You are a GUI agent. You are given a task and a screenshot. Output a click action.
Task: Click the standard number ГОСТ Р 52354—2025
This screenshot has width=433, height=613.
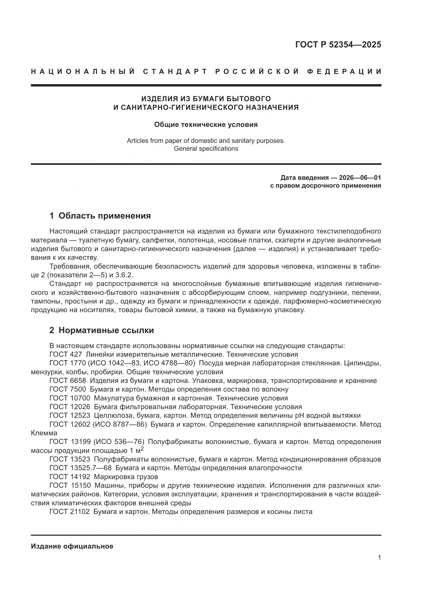point(338,45)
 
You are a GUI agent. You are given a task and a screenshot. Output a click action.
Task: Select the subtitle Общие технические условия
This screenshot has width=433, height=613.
point(206,124)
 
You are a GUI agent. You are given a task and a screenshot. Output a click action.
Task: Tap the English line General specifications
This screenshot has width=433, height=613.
point(206,148)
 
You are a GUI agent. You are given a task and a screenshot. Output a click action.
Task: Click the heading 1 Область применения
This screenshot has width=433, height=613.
point(100,216)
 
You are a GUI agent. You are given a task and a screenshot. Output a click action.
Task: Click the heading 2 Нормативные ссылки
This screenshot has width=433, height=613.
point(102,330)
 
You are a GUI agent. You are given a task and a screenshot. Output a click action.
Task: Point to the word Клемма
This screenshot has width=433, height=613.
point(44,433)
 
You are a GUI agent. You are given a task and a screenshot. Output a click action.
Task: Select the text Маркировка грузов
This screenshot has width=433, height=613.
point(126,476)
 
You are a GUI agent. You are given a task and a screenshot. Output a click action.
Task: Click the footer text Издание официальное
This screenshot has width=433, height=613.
point(72,546)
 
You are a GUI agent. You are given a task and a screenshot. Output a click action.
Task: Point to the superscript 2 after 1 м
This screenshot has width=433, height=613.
point(142,449)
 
